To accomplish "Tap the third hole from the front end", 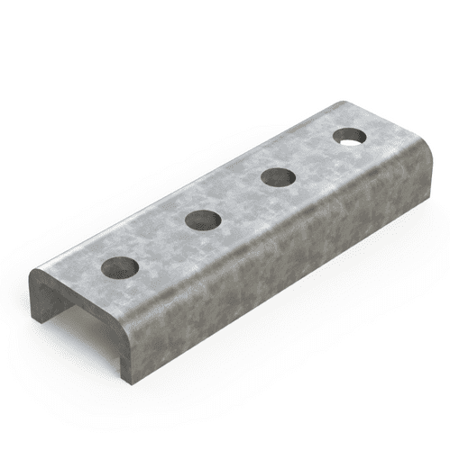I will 274,176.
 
